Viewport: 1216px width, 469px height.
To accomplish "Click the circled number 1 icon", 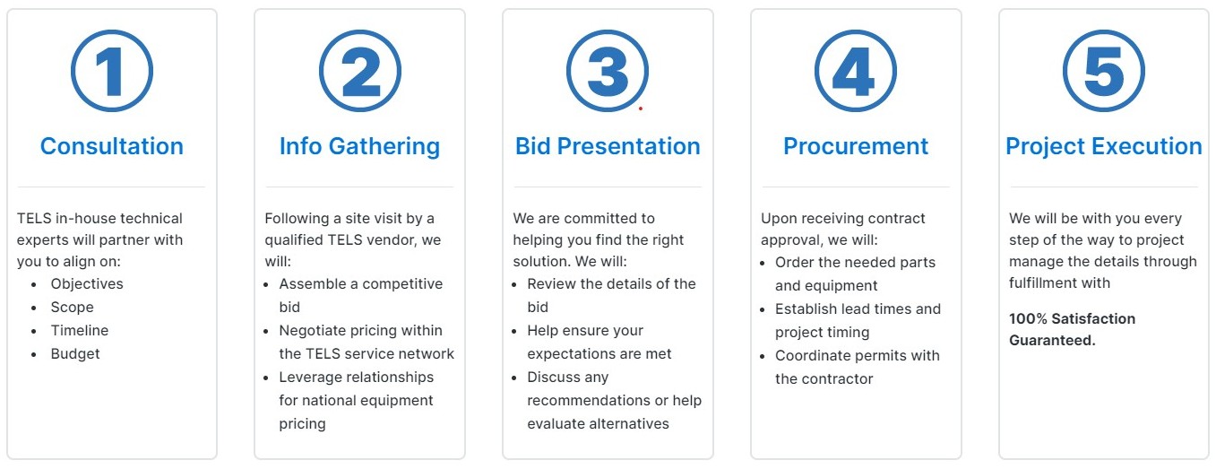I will [x=112, y=72].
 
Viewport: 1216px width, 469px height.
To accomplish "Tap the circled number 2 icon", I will [x=360, y=72].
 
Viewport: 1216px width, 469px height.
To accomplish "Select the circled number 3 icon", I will [x=608, y=72].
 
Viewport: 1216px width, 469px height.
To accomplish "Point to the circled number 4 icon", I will [x=856, y=72].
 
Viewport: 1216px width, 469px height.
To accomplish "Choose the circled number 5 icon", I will [x=1104, y=72].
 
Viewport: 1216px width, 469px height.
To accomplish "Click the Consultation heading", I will [x=112, y=146].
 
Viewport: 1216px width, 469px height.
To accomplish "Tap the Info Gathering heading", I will [x=359, y=146].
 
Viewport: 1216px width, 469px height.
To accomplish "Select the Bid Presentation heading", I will [x=608, y=146].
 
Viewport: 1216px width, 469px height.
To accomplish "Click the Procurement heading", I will [x=856, y=146].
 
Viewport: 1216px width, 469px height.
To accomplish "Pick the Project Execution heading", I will [x=1104, y=146].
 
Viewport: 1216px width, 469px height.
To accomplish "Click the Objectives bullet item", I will [x=87, y=284].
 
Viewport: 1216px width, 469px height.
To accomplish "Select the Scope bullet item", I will [x=72, y=308].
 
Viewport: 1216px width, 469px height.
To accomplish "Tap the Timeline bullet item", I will [x=80, y=331].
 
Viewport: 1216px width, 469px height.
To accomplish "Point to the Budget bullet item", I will [x=75, y=354].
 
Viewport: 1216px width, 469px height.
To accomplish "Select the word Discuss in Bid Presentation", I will [x=554, y=378].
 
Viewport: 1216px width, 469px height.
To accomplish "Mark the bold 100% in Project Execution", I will [x=1026, y=319].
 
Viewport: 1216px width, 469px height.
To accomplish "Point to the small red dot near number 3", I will [x=640, y=109].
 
